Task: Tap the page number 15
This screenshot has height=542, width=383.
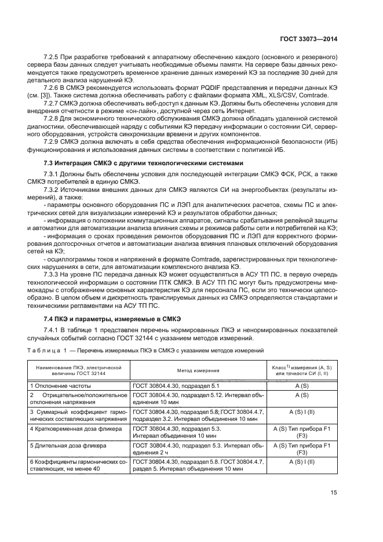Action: point(333,509)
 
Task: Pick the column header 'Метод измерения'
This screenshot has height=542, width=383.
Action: point(198,370)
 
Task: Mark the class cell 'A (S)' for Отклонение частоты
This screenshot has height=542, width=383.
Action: point(301,385)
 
